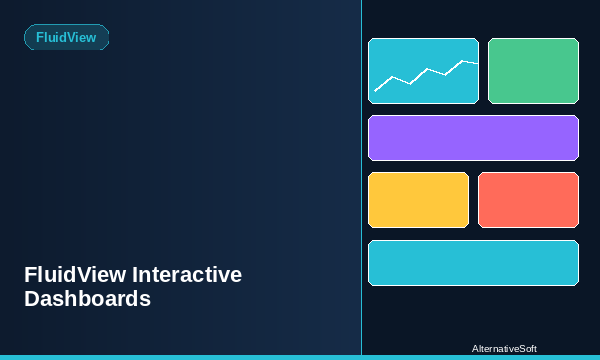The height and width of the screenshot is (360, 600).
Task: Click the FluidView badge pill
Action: coord(66,37)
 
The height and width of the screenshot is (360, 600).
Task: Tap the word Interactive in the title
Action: coord(187,275)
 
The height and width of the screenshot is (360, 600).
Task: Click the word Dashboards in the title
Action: coord(88,299)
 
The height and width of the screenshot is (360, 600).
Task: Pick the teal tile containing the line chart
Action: coord(423,71)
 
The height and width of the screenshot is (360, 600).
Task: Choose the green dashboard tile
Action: coord(533,71)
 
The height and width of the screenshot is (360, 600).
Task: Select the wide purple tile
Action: coord(473,138)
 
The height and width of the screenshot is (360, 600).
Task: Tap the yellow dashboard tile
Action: coord(418,200)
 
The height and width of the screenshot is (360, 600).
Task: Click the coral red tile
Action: coord(528,200)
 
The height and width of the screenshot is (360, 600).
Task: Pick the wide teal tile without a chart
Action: coord(473,263)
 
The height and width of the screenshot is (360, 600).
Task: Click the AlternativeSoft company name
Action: coord(504,348)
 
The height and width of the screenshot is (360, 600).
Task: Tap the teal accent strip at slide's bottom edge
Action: coord(300,357)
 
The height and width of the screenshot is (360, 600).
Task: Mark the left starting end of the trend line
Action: coord(375,91)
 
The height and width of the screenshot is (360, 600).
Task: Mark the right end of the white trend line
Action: coord(477,63)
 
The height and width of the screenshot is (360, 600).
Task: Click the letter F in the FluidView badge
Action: coord(40,37)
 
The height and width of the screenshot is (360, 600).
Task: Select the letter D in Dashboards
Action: coord(32,299)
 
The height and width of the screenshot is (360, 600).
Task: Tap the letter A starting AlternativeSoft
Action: coord(475,348)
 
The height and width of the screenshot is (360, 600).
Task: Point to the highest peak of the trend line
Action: coord(462,60)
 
